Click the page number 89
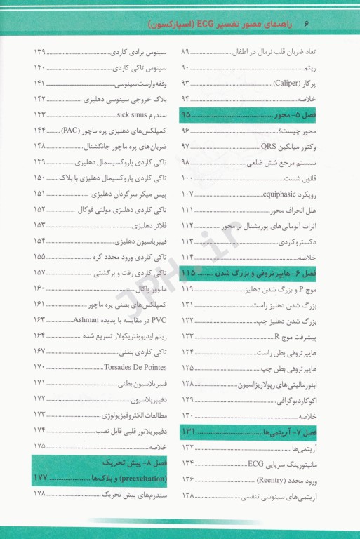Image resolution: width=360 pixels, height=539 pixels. pyautogui.click(x=187, y=52)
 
